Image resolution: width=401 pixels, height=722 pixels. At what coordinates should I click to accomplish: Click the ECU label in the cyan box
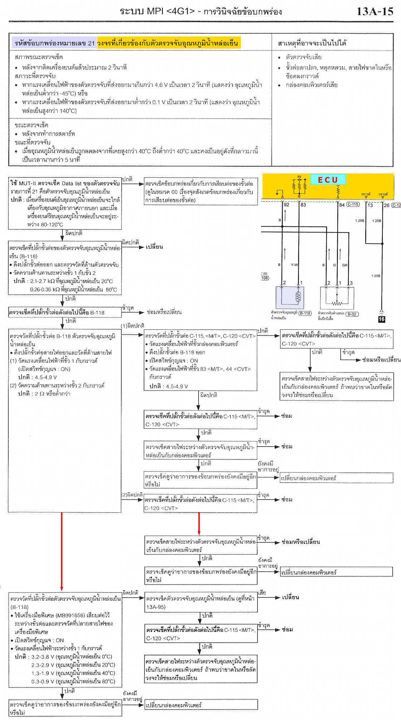point(328,180)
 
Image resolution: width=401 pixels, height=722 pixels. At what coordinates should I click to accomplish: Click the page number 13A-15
point(375,11)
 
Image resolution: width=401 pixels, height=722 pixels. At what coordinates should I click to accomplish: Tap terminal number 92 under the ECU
point(286,205)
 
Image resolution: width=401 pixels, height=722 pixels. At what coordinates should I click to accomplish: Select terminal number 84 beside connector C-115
point(342,205)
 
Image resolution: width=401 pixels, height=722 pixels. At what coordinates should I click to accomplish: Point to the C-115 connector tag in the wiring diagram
point(353,205)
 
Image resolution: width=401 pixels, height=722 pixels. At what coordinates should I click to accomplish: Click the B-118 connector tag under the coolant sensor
point(305,313)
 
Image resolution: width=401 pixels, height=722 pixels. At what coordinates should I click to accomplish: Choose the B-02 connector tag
point(352,314)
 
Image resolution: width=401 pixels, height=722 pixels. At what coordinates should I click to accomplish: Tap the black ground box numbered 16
point(381,319)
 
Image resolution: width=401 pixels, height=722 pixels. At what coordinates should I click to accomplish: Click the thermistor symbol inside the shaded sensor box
point(298,296)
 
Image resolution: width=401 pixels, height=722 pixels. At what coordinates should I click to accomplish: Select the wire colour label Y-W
point(294,265)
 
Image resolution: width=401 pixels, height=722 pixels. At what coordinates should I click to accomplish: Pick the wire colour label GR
point(344,265)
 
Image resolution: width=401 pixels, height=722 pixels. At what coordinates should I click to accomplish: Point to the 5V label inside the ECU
point(299,177)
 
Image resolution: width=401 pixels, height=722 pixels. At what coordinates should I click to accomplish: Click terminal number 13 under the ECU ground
point(370,205)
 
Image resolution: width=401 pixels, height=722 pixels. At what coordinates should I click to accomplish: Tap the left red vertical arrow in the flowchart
point(62,551)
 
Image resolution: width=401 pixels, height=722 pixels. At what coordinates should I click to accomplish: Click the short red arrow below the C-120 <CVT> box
point(199,524)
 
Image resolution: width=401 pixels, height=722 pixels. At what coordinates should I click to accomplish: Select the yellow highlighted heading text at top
point(168,43)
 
